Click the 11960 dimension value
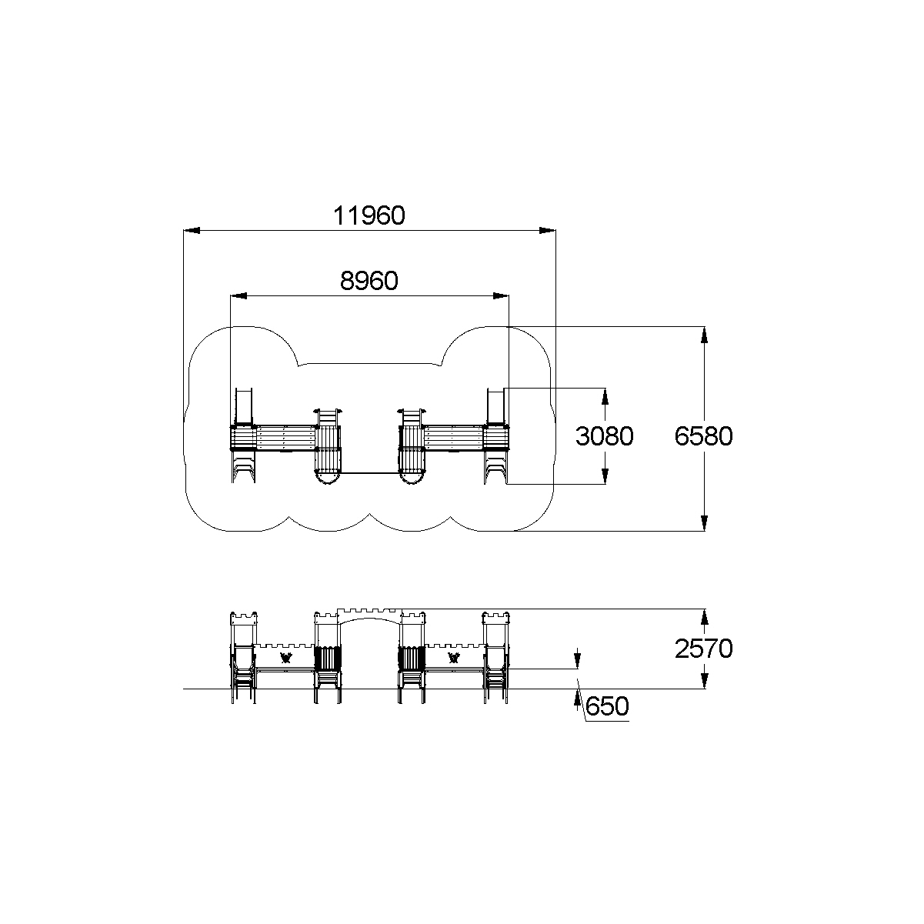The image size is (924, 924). (369, 215)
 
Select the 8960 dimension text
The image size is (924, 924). (369, 281)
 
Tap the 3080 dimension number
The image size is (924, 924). (604, 436)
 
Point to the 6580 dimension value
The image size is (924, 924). (703, 436)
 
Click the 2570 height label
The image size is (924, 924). (703, 649)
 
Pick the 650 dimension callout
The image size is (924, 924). (607, 706)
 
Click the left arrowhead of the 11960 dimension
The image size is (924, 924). (192, 231)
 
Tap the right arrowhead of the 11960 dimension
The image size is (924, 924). (548, 231)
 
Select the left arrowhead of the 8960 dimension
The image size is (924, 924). (239, 296)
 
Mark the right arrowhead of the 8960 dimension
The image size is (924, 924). (501, 296)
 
